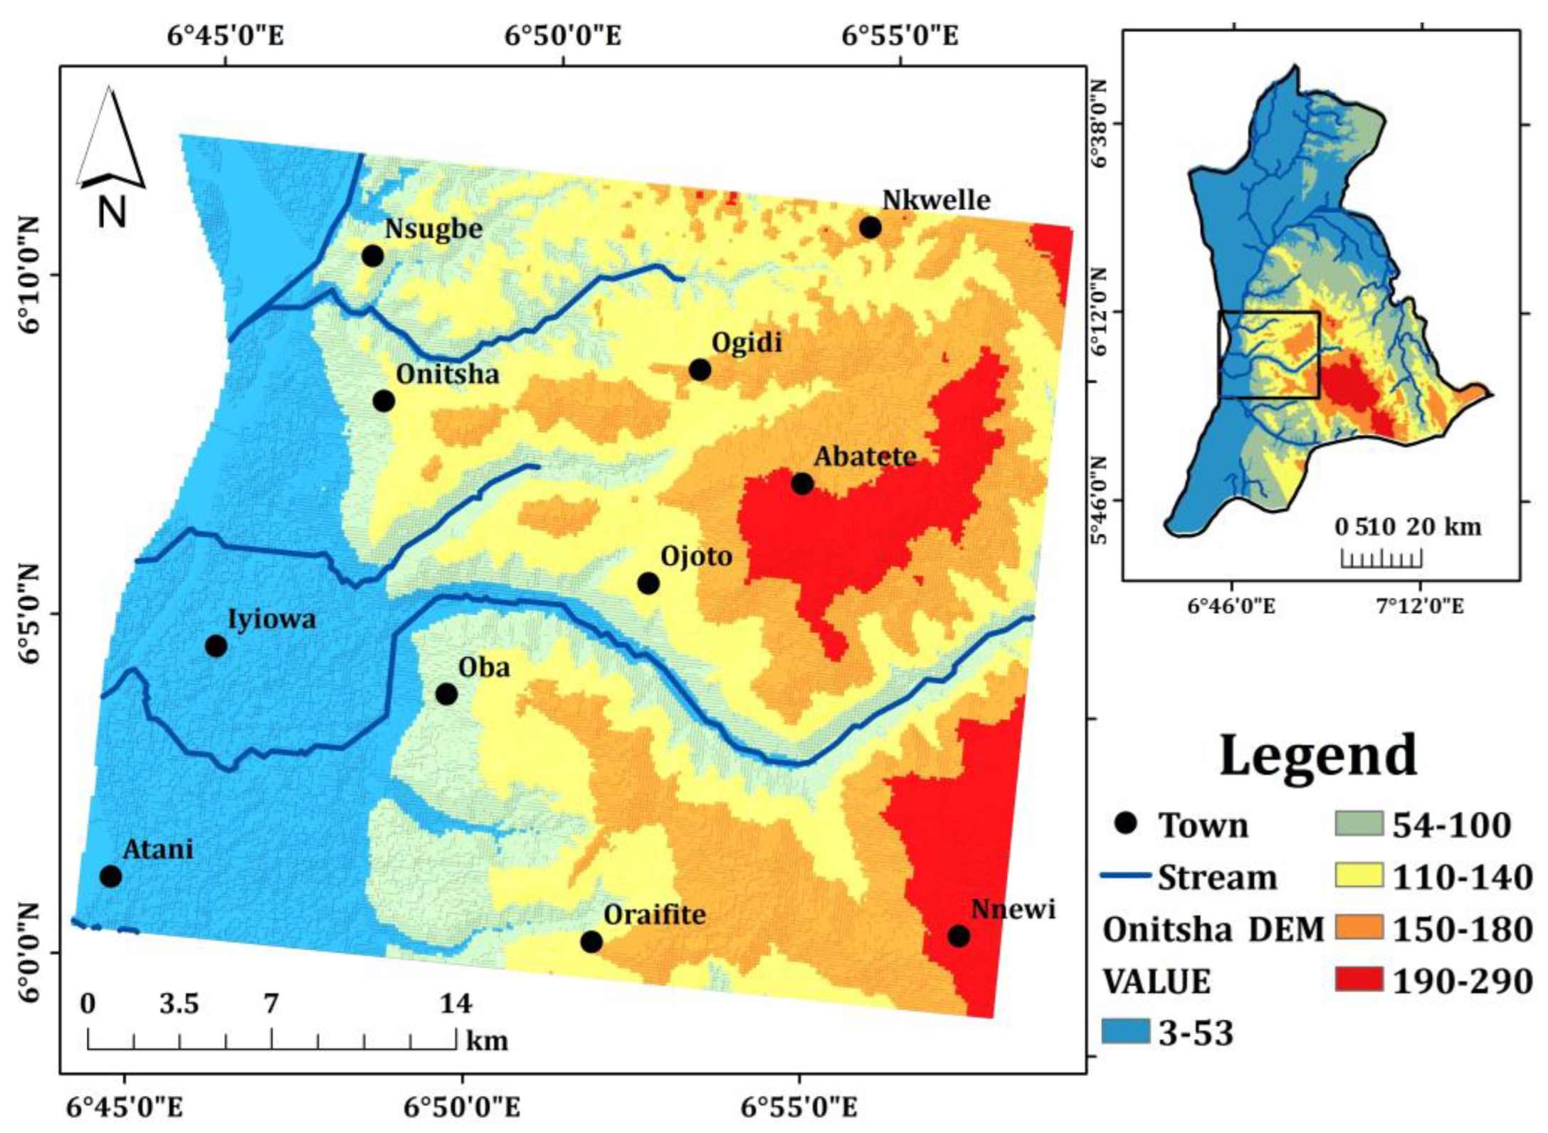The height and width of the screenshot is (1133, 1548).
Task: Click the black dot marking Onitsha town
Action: click(x=384, y=401)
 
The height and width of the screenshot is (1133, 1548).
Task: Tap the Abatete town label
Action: click(x=865, y=456)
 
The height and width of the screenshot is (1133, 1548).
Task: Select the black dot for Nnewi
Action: click(x=959, y=936)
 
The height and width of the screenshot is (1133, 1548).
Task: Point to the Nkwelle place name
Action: click(x=936, y=200)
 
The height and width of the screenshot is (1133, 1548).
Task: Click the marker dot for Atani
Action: click(x=110, y=876)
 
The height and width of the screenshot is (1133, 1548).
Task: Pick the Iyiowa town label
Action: click(x=271, y=619)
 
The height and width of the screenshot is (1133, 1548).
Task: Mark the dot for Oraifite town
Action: click(x=591, y=942)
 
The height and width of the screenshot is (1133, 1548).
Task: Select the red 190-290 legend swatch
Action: click(x=1359, y=980)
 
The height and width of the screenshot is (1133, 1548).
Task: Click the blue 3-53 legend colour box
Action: click(x=1125, y=1031)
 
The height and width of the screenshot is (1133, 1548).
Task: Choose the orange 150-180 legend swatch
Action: click(x=1359, y=928)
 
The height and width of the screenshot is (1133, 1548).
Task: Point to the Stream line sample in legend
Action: click(x=1125, y=875)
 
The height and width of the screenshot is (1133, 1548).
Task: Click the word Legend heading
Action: click(x=1318, y=755)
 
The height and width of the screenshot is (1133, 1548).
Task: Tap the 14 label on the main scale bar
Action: click(x=456, y=1003)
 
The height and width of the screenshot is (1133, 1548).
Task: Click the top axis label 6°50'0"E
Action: click(x=563, y=36)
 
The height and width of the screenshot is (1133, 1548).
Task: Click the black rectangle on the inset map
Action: click(x=1269, y=354)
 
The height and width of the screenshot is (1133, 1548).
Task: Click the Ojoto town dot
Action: click(x=648, y=584)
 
